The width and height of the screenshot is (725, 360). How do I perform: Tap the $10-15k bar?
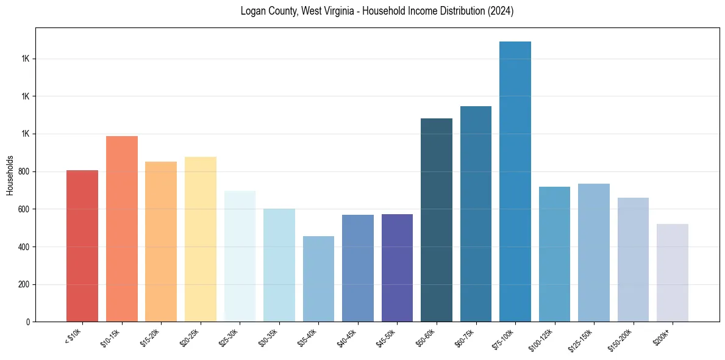point(122,229)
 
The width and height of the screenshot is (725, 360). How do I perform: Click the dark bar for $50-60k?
point(437,220)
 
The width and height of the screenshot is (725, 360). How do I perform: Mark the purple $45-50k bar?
point(397,268)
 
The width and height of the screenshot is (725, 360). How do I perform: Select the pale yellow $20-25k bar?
point(201,239)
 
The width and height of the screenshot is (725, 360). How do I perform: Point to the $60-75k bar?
point(476,214)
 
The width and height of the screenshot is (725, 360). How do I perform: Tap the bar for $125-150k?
point(594,253)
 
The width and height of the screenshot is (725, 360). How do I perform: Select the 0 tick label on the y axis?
point(27,322)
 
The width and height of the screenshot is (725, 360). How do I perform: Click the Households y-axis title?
point(10,175)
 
